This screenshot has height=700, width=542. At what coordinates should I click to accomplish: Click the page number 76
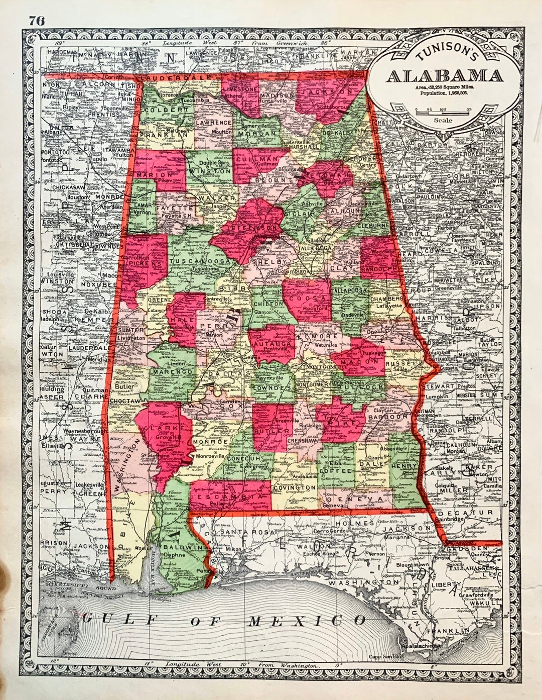[37, 21]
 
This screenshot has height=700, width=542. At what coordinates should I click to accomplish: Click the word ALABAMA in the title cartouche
[444, 76]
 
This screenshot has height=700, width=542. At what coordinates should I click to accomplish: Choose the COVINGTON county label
[294, 487]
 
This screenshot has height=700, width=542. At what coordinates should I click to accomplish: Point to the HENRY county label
[404, 466]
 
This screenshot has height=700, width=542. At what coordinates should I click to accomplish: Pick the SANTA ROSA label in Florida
[242, 531]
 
